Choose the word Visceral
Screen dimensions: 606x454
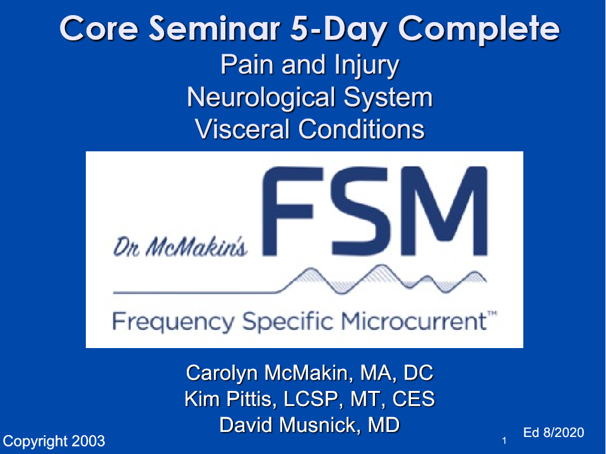click(x=242, y=129)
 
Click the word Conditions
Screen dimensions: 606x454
click(x=361, y=129)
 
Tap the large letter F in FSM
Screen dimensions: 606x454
click(x=292, y=211)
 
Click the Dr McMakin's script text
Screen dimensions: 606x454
click(x=180, y=247)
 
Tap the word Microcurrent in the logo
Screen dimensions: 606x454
click(x=414, y=321)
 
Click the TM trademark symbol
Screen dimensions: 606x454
click(x=492, y=315)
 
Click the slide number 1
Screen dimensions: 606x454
click(x=504, y=441)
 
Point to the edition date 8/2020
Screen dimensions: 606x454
click(x=564, y=433)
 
